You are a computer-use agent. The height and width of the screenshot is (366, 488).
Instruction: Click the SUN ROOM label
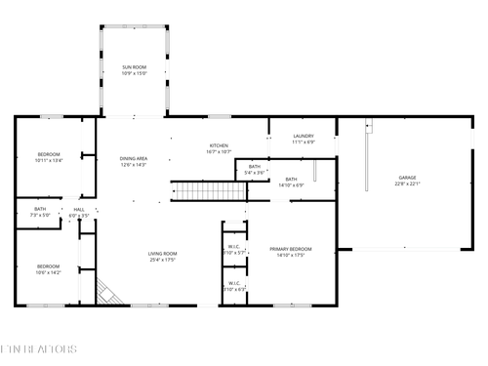click(x=134, y=67)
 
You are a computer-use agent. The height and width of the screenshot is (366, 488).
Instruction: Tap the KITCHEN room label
click(x=219, y=145)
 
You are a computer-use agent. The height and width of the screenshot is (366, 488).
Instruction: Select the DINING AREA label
click(x=134, y=158)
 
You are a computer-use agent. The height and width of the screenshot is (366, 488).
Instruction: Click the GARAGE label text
click(x=406, y=178)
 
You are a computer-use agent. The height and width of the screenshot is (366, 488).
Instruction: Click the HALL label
click(x=78, y=208)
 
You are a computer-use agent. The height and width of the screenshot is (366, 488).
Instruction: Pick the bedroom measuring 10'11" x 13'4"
click(x=49, y=154)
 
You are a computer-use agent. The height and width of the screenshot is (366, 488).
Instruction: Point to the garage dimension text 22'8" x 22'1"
click(x=406, y=183)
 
